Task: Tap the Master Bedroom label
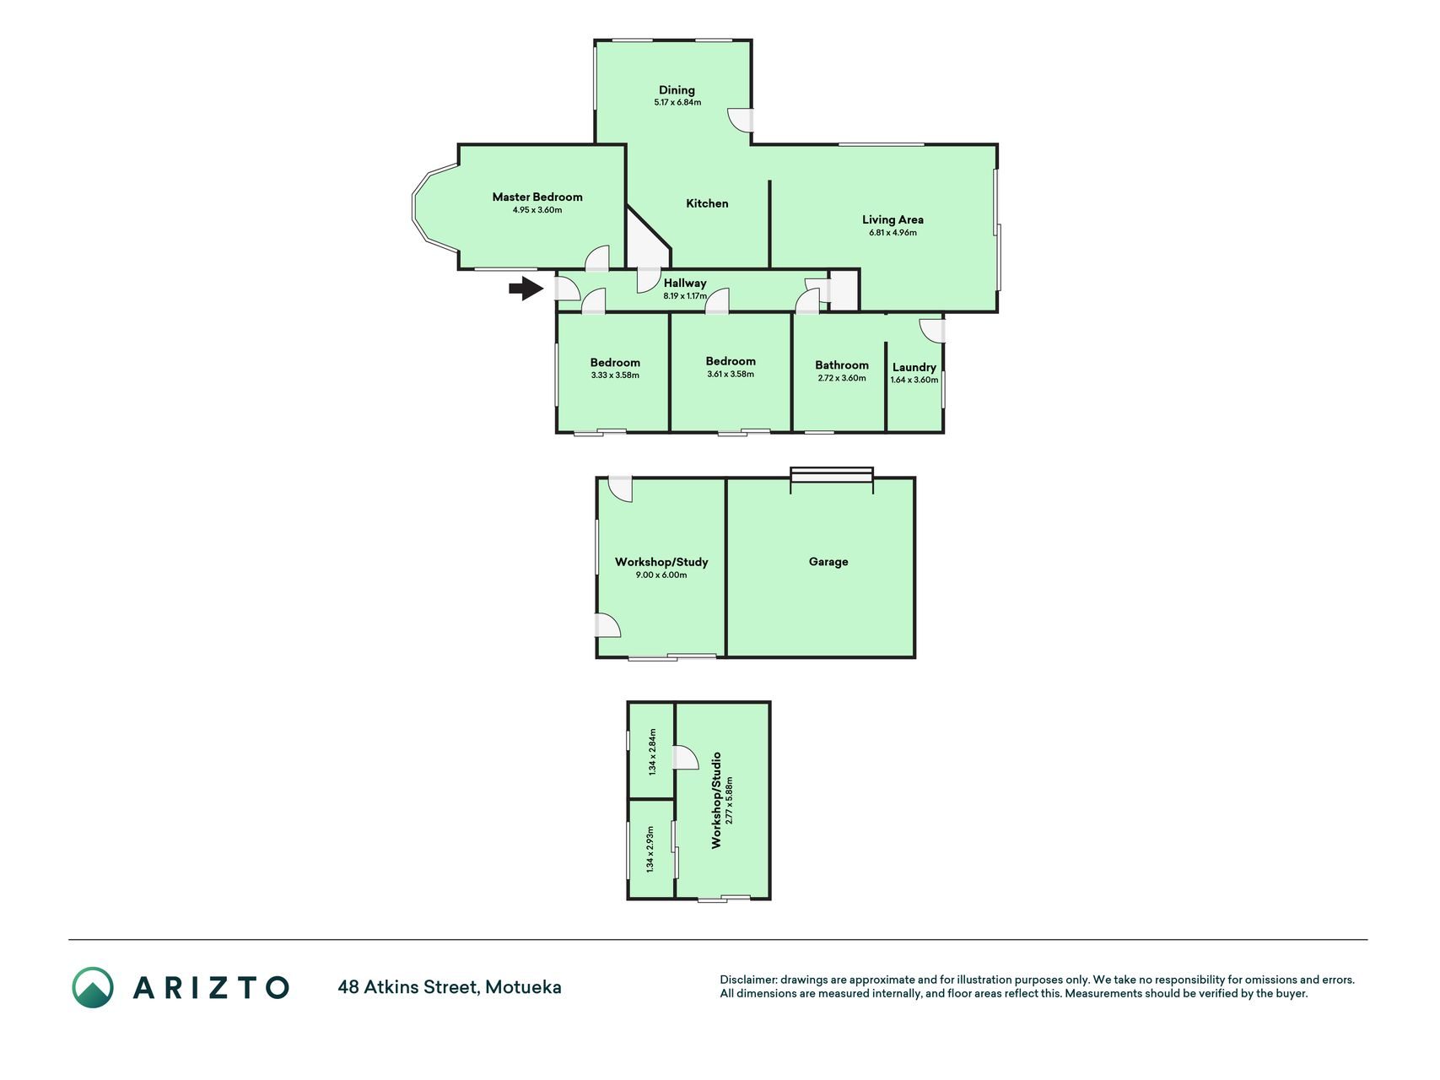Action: point(537,197)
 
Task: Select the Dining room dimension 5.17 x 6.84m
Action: point(677,103)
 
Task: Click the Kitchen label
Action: point(707,203)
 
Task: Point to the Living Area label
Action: point(893,219)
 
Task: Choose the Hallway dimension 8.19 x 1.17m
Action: point(685,296)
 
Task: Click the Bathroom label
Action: point(842,365)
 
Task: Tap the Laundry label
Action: point(914,367)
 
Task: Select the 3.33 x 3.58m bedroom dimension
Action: point(615,375)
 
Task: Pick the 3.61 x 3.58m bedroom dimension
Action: point(731,374)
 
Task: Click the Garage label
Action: point(828,561)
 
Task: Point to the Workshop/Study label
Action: point(661,562)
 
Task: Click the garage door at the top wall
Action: point(832,475)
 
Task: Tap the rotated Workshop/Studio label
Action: point(716,800)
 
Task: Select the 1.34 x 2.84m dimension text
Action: point(651,752)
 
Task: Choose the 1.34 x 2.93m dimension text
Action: point(650,849)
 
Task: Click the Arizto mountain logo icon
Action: point(92,987)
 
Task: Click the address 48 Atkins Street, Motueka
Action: point(450,987)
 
